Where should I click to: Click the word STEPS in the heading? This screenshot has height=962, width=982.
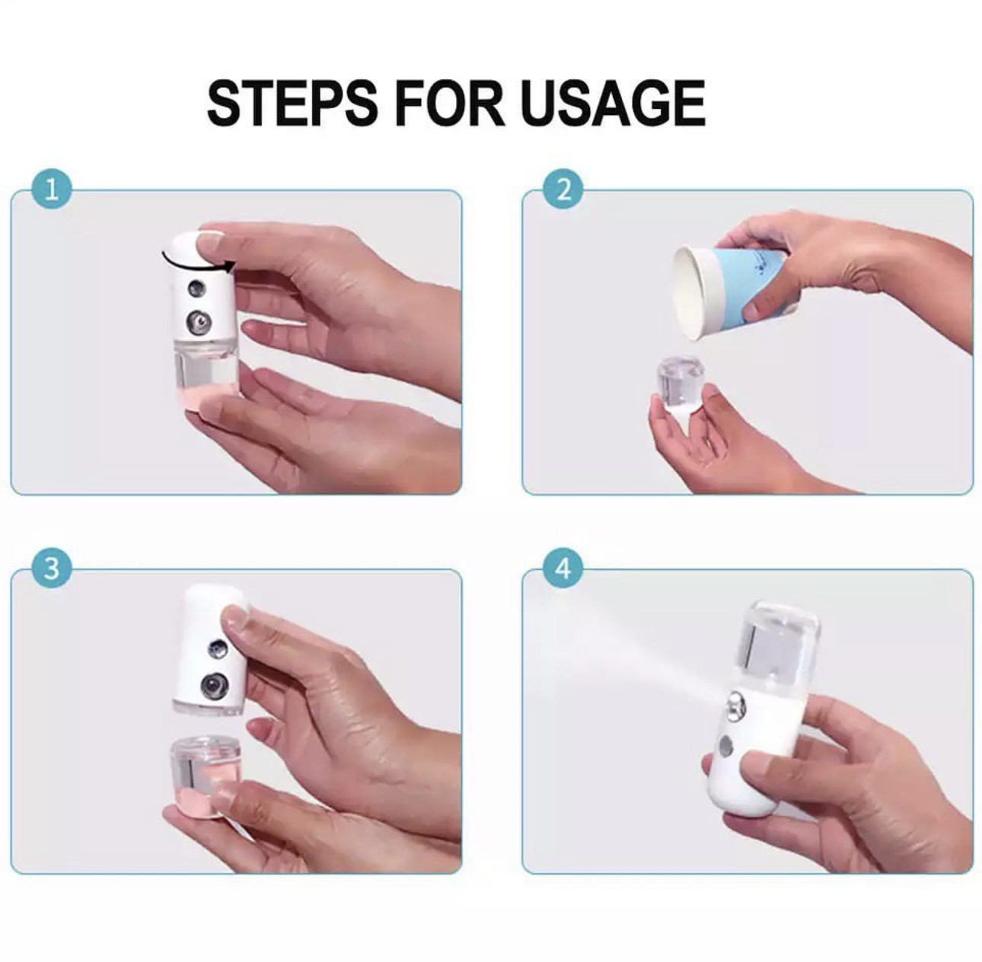[292, 104]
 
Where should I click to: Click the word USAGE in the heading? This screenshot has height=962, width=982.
[614, 104]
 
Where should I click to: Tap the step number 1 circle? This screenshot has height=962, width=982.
[51, 190]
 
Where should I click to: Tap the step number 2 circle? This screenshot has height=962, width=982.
[563, 190]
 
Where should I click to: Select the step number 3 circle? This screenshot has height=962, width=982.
[51, 569]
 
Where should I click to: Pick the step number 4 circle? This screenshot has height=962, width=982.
[563, 569]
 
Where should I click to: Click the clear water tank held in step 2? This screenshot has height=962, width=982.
[682, 381]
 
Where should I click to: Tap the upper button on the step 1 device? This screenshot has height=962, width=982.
[195, 289]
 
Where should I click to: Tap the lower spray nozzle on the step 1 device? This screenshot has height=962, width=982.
[198, 321]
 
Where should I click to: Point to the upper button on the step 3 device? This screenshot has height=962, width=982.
[216, 648]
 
